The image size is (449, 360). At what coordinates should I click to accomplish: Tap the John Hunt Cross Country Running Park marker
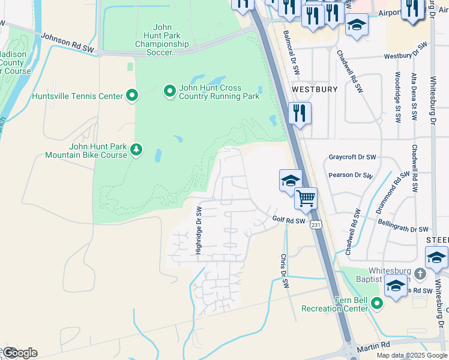170,91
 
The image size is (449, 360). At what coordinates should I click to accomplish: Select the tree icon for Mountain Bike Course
136,149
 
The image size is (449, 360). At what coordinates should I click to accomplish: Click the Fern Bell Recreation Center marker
377,304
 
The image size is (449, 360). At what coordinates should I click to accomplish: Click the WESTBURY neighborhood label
315,89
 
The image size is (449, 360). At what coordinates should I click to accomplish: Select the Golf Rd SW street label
289,221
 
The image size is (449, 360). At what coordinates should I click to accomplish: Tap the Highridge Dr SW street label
199,230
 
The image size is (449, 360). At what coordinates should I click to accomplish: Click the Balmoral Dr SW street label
291,53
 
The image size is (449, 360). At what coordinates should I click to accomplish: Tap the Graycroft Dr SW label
352,157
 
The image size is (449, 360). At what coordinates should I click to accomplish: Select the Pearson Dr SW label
351,175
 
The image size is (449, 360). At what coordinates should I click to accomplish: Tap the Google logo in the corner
20,352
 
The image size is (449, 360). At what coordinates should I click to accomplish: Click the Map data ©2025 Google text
411,355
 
